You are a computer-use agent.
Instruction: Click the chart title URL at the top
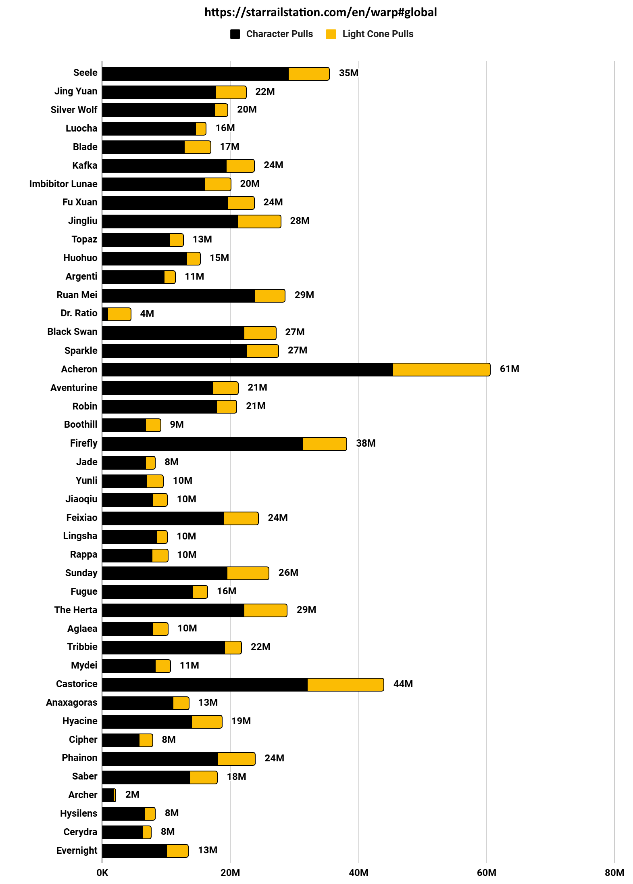pyautogui.click(x=321, y=13)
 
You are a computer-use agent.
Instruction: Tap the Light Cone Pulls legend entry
pyautogui.click(x=370, y=34)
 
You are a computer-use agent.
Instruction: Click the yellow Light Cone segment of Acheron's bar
pyautogui.click(x=441, y=370)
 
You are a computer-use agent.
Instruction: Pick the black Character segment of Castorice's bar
pyautogui.click(x=205, y=685)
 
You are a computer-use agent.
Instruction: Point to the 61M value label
pyautogui.click(x=509, y=369)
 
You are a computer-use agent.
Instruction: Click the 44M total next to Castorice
pyautogui.click(x=403, y=684)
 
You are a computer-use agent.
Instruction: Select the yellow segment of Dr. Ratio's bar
pyautogui.click(x=119, y=314)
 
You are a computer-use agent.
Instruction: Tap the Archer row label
pyautogui.click(x=83, y=795)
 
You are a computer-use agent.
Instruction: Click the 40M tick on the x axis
pyautogui.click(x=358, y=873)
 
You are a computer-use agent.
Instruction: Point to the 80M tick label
pyautogui.click(x=614, y=873)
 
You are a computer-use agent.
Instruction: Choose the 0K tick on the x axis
pyautogui.click(x=102, y=873)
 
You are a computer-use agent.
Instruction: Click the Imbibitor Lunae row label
pyautogui.click(x=63, y=184)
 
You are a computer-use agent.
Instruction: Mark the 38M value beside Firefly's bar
pyautogui.click(x=366, y=443)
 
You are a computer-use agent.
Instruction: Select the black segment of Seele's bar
pyautogui.click(x=195, y=74)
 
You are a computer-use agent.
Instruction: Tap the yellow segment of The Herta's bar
pyautogui.click(x=265, y=610)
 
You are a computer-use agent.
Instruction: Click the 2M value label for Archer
pyautogui.click(x=132, y=794)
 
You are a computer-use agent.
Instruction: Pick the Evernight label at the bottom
pyautogui.click(x=77, y=851)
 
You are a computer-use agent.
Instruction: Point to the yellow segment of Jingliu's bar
pyautogui.click(x=259, y=222)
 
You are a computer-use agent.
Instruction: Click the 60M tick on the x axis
pyautogui.click(x=486, y=873)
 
